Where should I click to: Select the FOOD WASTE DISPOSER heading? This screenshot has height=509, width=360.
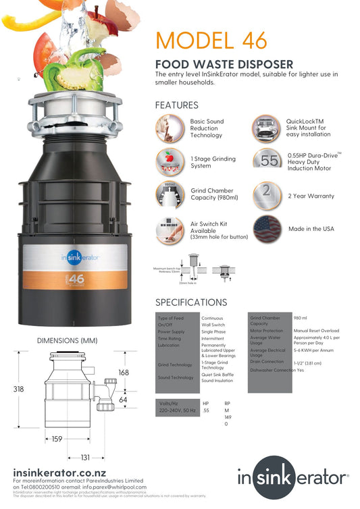click(x=224, y=64)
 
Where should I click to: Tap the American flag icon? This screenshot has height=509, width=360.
click(x=267, y=229)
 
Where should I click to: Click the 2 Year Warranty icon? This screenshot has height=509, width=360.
click(x=267, y=195)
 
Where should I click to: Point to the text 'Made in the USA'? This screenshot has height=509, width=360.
click(x=311, y=229)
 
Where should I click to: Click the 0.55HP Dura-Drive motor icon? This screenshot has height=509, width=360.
click(x=267, y=159)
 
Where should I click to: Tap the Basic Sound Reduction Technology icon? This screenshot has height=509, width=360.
click(x=170, y=126)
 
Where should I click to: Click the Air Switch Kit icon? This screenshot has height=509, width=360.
click(x=170, y=230)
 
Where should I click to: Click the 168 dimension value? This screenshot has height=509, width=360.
click(x=123, y=373)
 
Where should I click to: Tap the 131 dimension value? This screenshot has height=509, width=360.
click(x=85, y=457)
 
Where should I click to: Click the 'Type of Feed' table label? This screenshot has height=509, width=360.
click(x=170, y=317)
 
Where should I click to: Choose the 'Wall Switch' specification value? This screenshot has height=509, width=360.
click(x=214, y=325)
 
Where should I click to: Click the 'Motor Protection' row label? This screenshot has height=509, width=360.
click(x=267, y=331)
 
